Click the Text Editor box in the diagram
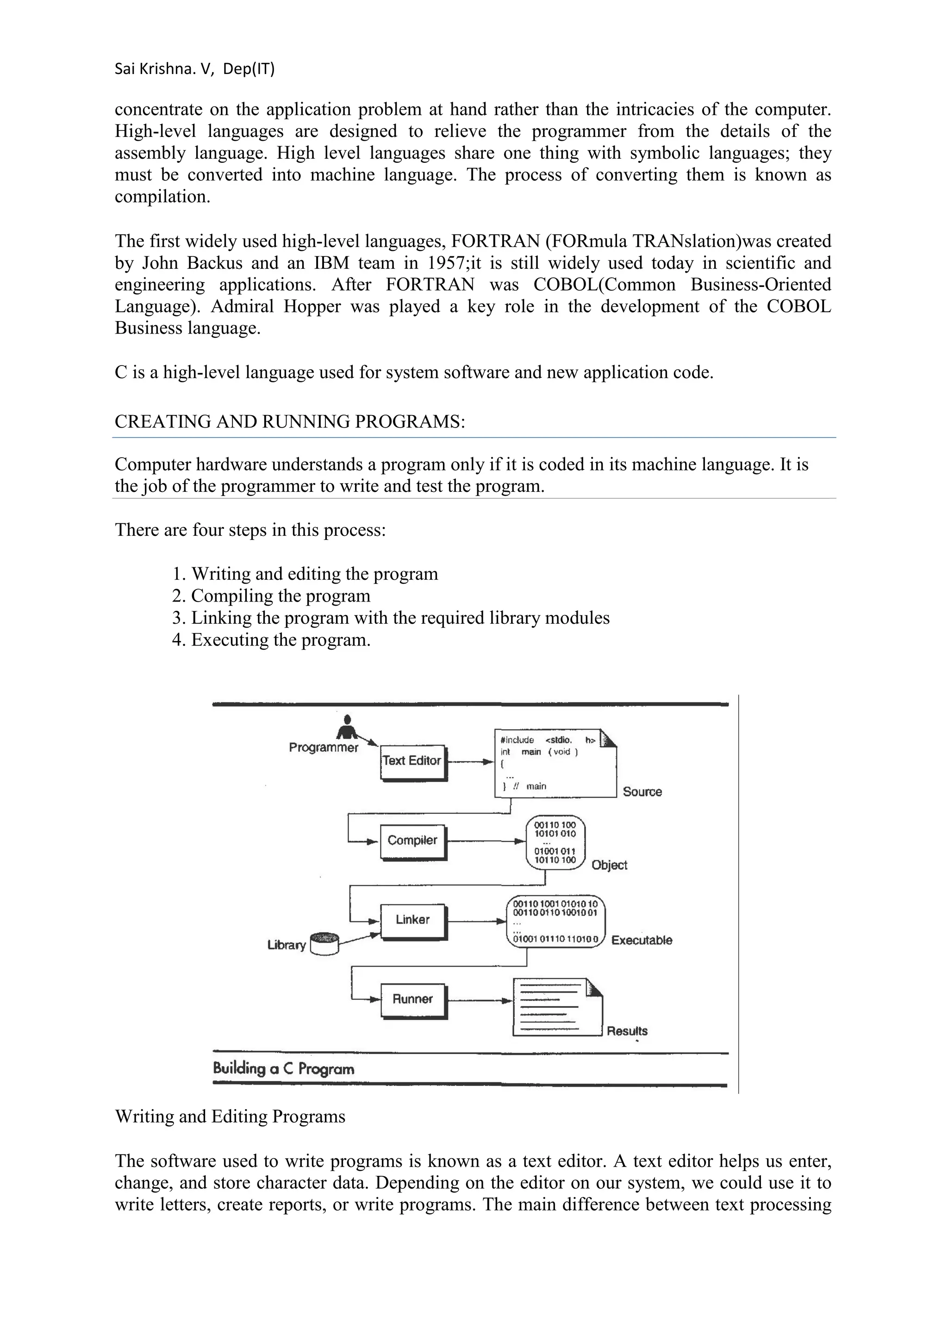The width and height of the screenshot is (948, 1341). [412, 761]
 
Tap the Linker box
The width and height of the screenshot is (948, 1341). [412, 920]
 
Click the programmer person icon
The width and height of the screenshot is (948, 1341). [349, 728]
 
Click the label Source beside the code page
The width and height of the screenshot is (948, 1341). [642, 792]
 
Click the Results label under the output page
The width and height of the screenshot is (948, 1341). [627, 1031]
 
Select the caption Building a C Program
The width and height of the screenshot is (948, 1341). [283, 1069]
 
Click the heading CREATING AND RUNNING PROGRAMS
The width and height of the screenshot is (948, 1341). [290, 421]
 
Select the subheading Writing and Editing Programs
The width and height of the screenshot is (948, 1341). [230, 1116]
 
